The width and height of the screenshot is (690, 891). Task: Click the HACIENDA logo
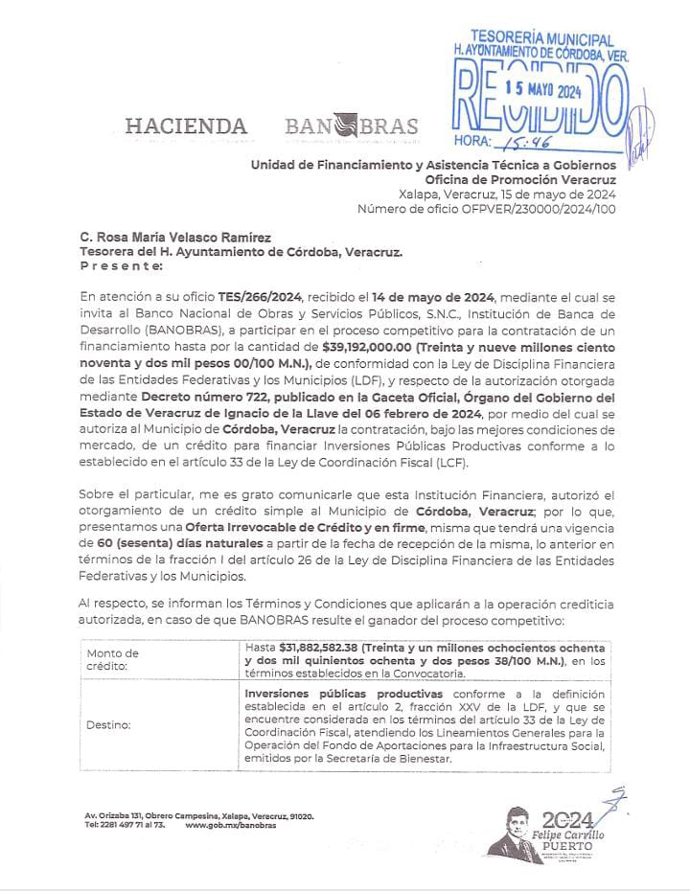[x=185, y=126]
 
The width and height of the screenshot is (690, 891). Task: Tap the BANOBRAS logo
[x=351, y=126]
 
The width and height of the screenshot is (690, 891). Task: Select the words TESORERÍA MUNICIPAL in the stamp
[x=542, y=39]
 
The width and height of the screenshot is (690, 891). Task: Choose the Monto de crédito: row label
[x=112, y=659]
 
